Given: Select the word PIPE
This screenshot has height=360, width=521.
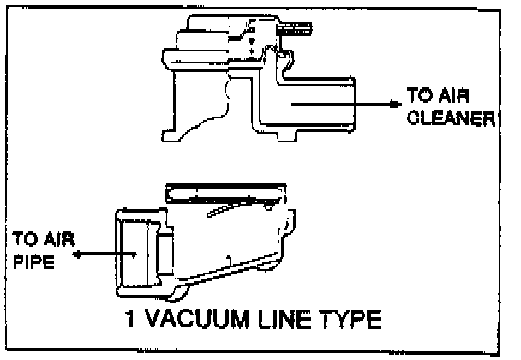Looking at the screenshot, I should pos(32,263).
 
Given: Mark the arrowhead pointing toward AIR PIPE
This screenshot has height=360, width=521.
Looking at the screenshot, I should pos(78,255).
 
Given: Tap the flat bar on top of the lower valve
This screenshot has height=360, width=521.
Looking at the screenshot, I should pos(225,187).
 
